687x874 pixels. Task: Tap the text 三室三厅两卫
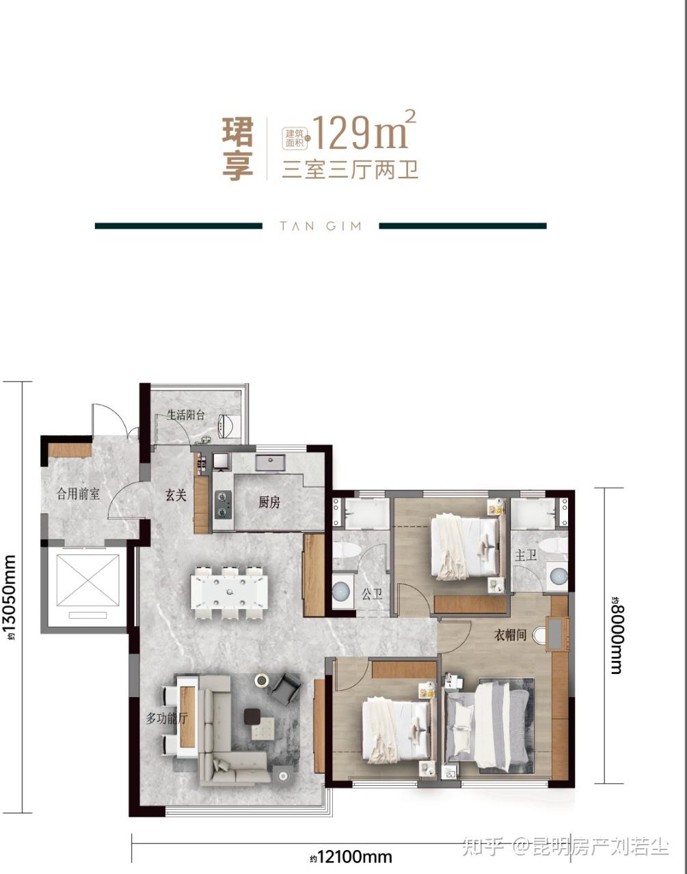[350, 170]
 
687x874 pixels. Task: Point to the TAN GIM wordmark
[321, 226]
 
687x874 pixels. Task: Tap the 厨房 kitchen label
[269, 502]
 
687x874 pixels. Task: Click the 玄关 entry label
[176, 495]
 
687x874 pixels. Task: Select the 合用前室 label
[78, 494]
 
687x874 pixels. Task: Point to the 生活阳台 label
[186, 414]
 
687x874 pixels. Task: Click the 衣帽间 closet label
[511, 635]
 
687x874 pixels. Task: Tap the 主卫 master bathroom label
[526, 555]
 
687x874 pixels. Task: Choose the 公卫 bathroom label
[372, 593]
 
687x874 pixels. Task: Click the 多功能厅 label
[166, 718]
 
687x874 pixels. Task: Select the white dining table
[229, 591]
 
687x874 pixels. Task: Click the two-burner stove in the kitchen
[223, 505]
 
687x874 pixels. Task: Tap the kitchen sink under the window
[271, 462]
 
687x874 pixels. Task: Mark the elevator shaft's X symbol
[87, 580]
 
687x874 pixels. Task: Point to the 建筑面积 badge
[295, 138]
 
